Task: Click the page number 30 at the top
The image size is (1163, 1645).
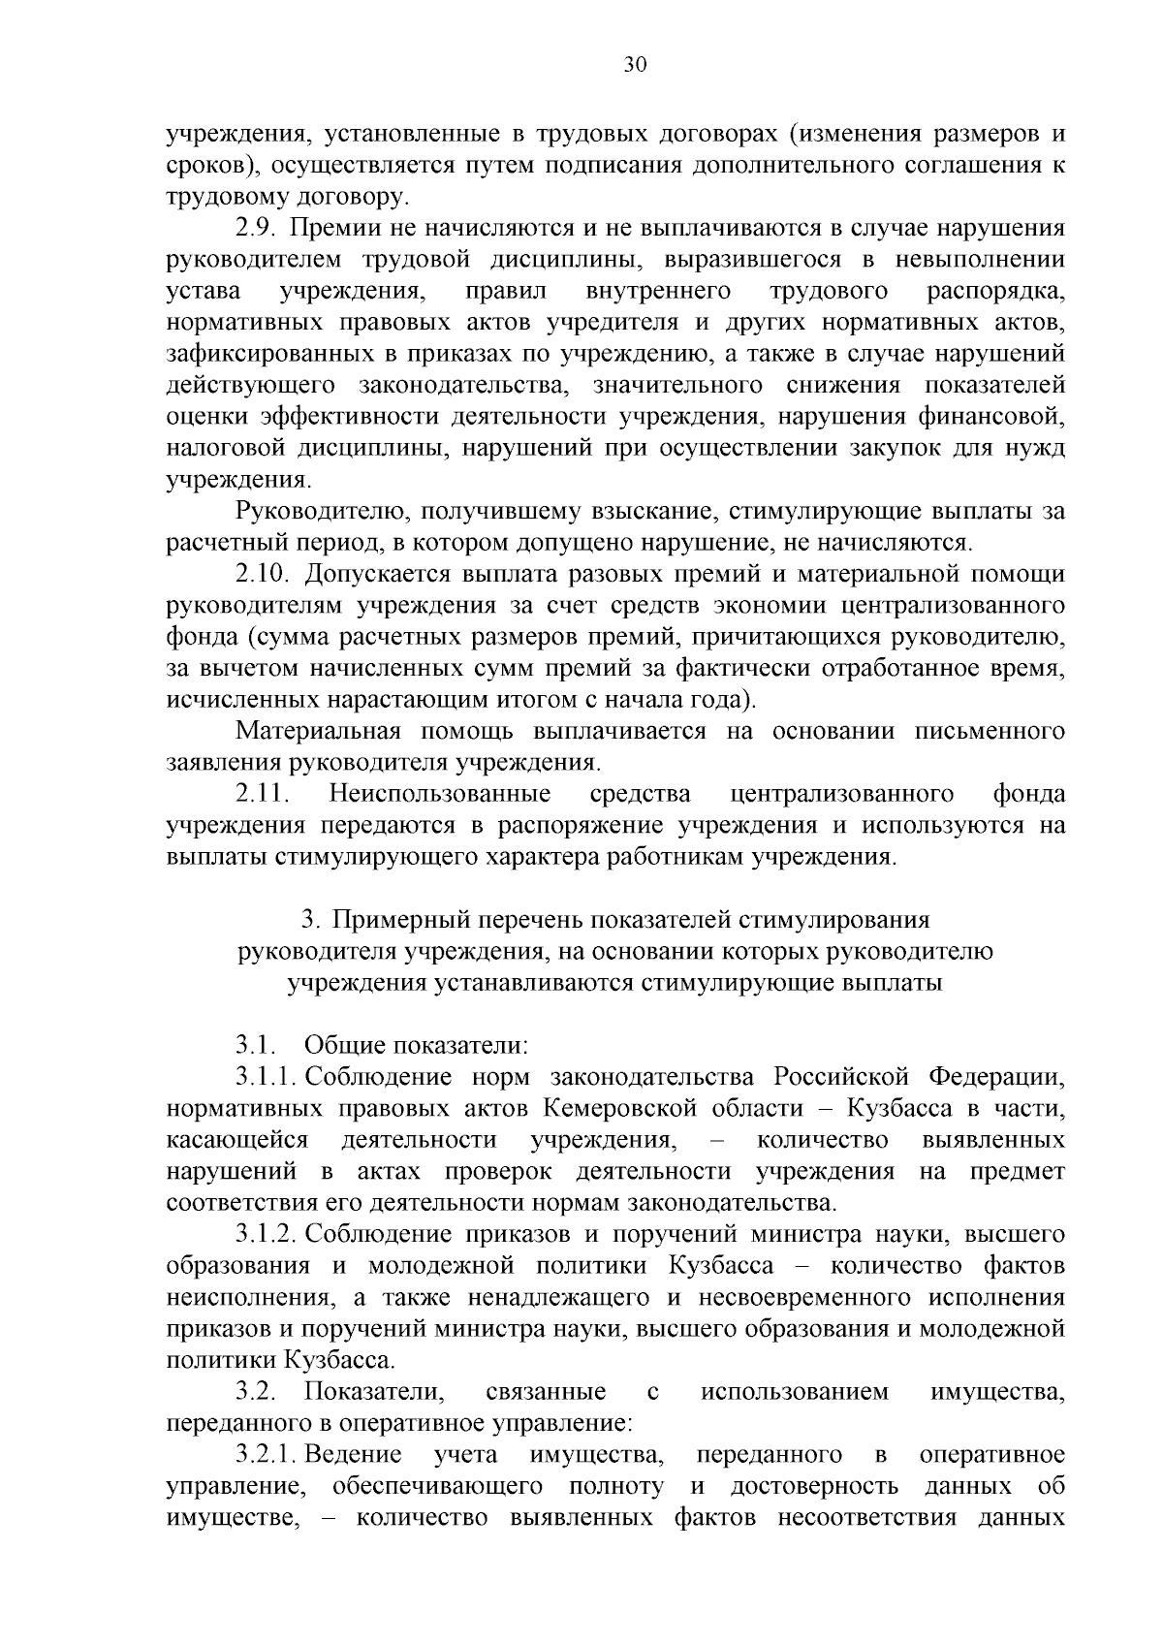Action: [635, 66]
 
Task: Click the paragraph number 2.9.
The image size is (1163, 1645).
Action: [257, 229]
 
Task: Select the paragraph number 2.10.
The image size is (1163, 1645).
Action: [263, 575]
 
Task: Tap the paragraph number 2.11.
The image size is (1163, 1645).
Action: [263, 795]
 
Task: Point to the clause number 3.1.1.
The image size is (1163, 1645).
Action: [265, 1078]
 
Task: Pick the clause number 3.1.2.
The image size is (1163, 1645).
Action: [265, 1235]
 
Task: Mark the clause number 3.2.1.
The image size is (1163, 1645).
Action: [265, 1455]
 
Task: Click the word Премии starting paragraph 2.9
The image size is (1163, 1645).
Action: [333, 229]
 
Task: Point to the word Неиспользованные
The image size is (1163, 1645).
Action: [440, 795]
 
